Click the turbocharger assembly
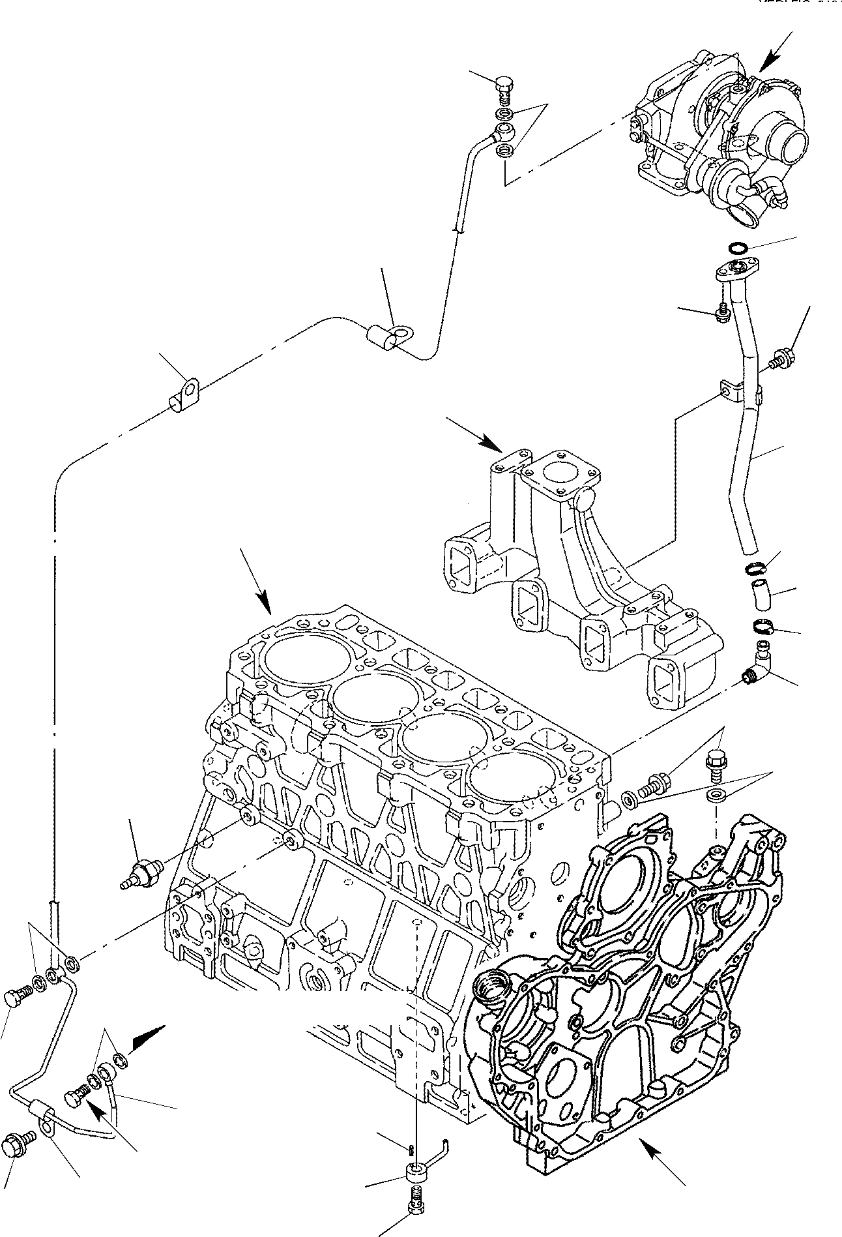(x=717, y=137)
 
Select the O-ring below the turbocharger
(x=737, y=248)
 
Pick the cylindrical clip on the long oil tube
(x=385, y=338)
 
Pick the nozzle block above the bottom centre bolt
(x=414, y=1172)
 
